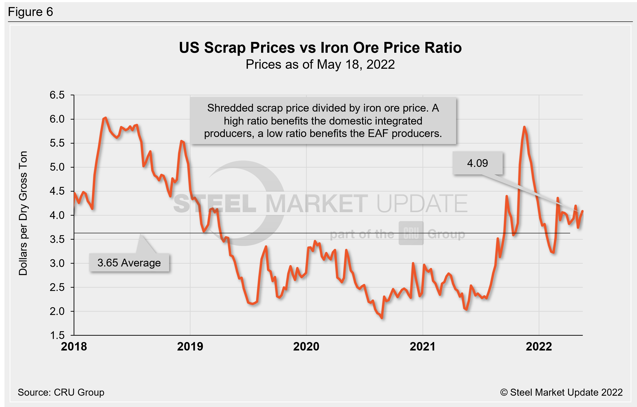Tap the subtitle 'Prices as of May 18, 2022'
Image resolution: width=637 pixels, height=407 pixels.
pyautogui.click(x=320, y=64)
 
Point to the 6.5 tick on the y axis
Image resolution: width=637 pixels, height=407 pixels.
pyautogui.click(x=57, y=95)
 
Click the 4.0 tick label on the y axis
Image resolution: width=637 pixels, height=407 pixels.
pyautogui.click(x=57, y=215)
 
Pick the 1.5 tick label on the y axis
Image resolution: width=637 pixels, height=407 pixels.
pyautogui.click(x=57, y=335)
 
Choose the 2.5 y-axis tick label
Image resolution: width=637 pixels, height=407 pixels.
pyautogui.click(x=57, y=287)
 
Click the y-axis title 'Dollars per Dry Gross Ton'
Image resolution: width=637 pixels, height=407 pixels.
pyautogui.click(x=23, y=213)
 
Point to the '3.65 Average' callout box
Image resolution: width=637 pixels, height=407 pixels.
pyautogui.click(x=129, y=263)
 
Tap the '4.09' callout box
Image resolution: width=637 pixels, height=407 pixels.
pyautogui.click(x=478, y=163)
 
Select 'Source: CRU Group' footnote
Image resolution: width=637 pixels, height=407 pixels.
pyautogui.click(x=61, y=392)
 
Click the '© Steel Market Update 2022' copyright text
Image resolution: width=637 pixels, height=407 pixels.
pyautogui.click(x=561, y=392)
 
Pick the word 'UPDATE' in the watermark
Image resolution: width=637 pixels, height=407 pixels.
pyautogui.click(x=422, y=203)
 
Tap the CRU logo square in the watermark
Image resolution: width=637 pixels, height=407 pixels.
pyautogui.click(x=411, y=233)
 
